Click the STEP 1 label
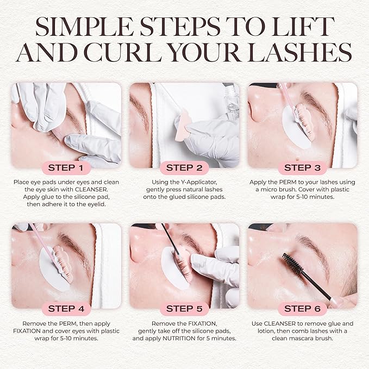pyautogui.click(x=66, y=167)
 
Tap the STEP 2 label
pyautogui.click(x=184, y=167)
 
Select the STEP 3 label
pyautogui.click(x=302, y=167)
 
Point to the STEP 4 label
pyautogui.click(x=66, y=309)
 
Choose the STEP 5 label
pyautogui.click(x=184, y=309)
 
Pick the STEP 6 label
pyautogui.click(x=302, y=309)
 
